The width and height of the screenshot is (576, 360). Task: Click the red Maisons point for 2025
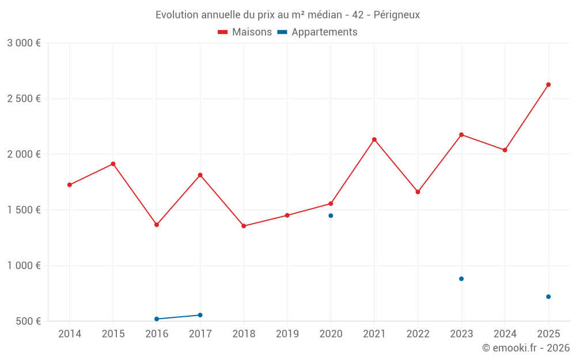tap(548, 85)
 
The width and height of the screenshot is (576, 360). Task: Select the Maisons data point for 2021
tap(374, 139)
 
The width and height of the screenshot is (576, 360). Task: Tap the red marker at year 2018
tap(244, 226)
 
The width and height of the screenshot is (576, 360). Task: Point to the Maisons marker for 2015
tap(113, 164)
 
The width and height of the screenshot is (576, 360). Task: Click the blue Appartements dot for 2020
tap(331, 215)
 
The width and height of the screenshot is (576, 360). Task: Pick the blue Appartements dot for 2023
tap(461, 279)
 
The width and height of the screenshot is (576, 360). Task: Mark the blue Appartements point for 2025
tap(548, 297)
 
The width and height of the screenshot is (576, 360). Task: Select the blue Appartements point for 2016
tap(157, 319)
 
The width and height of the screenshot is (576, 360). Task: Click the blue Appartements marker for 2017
tap(200, 315)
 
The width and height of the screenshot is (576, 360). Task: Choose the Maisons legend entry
tap(245, 32)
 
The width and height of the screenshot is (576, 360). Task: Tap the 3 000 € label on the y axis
tap(24, 43)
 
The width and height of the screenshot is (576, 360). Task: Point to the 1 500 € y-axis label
tap(24, 210)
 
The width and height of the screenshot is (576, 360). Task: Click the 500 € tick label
tap(27, 321)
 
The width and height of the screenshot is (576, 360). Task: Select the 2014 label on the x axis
tap(70, 334)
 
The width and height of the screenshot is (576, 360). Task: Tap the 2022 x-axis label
tap(418, 334)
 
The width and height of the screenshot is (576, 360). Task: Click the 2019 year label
tap(287, 334)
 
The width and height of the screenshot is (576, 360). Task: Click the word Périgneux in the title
tap(396, 15)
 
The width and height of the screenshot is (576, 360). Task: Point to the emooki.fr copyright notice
tap(525, 348)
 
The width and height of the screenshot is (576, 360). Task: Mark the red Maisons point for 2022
tap(418, 192)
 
